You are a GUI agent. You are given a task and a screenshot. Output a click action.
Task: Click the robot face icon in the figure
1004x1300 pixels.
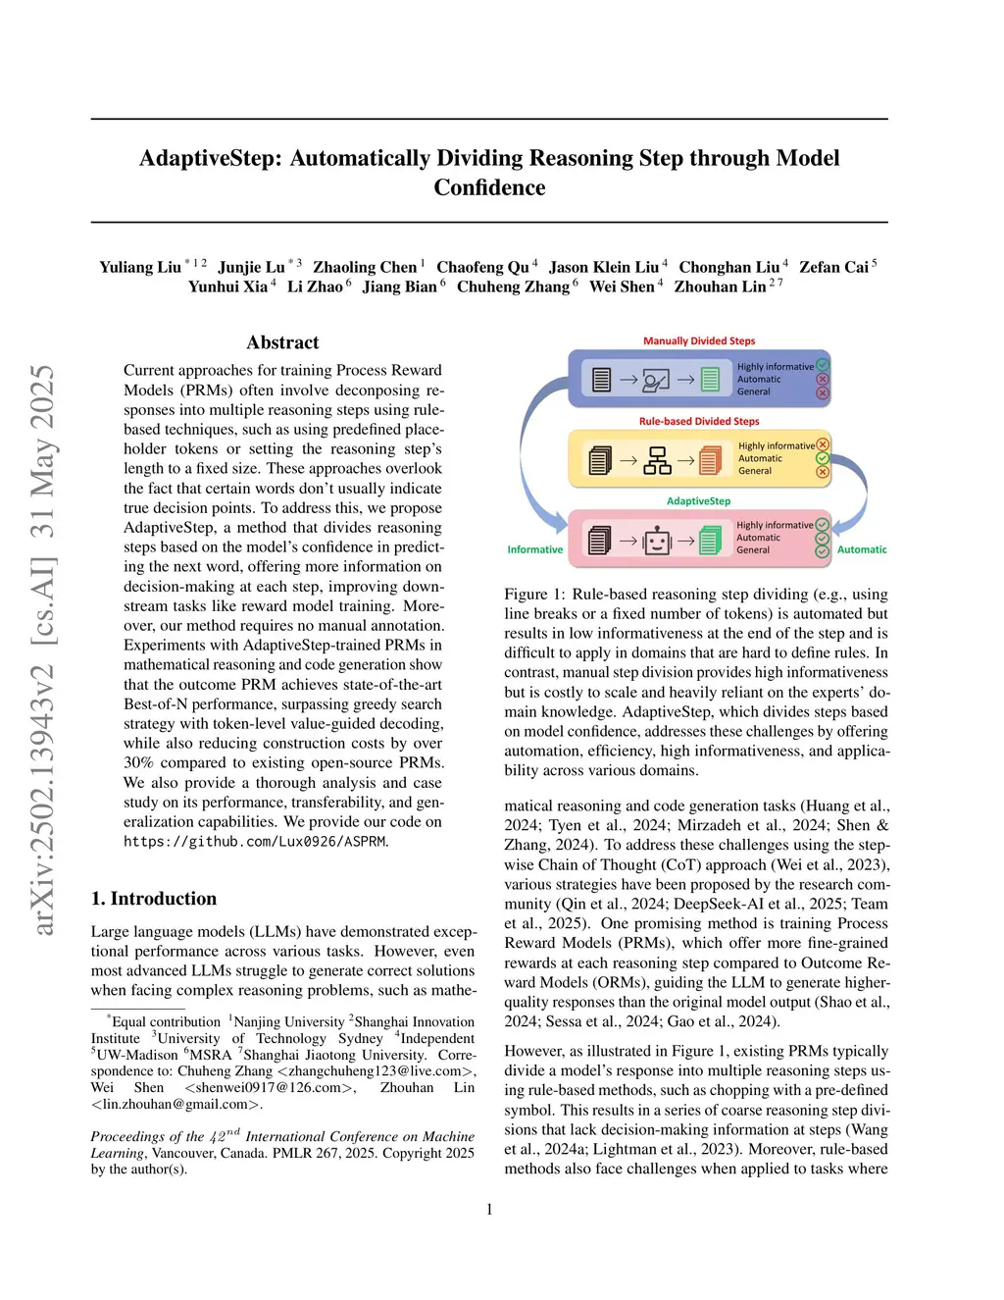coord(656,540)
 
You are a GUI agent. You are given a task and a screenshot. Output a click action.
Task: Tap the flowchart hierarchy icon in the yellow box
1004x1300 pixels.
coord(657,460)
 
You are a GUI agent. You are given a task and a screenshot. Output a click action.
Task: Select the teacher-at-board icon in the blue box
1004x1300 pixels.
coord(656,380)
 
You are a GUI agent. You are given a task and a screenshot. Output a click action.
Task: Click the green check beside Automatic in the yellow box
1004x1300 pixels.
coord(823,458)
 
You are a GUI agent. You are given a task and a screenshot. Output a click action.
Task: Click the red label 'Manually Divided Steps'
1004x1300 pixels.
coord(699,341)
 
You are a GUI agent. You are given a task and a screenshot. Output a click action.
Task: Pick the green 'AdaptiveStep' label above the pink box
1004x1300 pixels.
coord(698,501)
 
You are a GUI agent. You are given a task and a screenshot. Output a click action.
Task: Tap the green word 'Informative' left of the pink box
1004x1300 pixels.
coord(535,549)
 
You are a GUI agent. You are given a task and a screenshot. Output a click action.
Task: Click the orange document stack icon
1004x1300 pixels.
coord(710,459)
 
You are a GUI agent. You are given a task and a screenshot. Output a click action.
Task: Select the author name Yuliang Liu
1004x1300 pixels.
coord(140,267)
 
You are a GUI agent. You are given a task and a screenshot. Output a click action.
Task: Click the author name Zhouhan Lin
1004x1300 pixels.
coord(720,286)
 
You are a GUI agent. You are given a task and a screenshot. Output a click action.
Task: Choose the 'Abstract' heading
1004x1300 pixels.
coord(282,342)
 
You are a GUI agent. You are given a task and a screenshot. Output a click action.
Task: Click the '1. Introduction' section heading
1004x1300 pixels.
coord(154,899)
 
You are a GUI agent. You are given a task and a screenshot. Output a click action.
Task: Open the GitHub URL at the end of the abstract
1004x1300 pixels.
coord(255,842)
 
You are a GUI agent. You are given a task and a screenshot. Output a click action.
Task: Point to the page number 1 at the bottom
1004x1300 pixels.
coord(489,1209)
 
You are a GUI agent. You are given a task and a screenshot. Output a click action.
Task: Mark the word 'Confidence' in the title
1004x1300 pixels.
coord(489,187)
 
